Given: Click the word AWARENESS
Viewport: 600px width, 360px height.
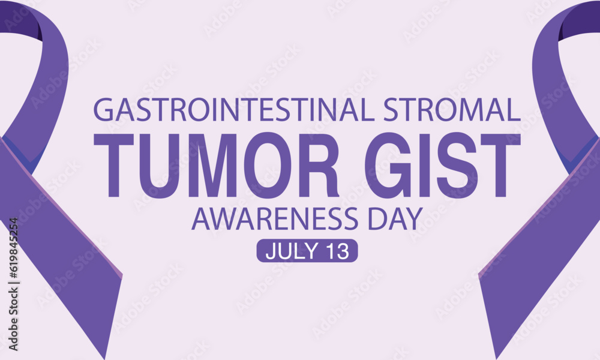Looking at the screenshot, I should click(x=278, y=220).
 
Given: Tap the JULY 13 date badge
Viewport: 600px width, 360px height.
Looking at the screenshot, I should click(x=307, y=251).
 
